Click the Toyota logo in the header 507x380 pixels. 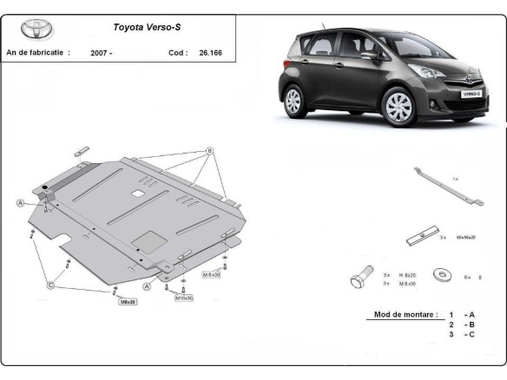[x=36, y=29]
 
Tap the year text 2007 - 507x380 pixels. [x=101, y=53]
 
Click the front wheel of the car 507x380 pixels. [x=398, y=108]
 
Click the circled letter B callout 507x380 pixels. [x=209, y=151]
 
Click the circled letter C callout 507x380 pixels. [x=50, y=285]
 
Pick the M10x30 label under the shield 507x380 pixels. [x=184, y=298]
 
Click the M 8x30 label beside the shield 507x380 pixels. [x=212, y=274]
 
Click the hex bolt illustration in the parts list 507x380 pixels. [x=359, y=278]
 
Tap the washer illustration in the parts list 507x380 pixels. [x=443, y=277]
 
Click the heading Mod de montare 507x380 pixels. [x=400, y=313]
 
